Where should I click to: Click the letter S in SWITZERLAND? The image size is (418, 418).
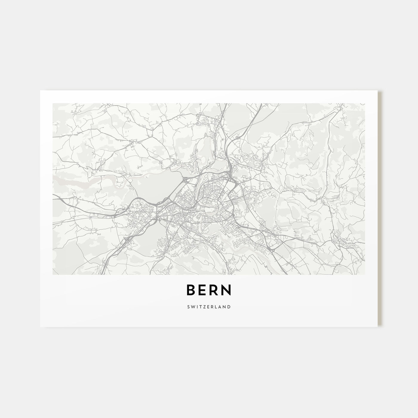click(189, 307)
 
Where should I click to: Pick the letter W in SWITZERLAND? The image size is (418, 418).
click(193, 307)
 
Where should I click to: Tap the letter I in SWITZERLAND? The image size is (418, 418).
click(197, 307)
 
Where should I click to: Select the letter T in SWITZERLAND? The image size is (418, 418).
click(200, 307)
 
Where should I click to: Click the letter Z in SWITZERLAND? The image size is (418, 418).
click(204, 307)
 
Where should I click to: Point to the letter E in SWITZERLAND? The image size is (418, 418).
click(208, 307)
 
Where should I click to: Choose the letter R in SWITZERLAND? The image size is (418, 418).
click(212, 307)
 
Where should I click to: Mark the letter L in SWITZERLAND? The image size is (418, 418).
click(216, 307)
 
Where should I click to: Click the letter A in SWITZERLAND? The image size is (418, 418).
click(219, 307)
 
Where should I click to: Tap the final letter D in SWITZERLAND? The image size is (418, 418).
click(229, 307)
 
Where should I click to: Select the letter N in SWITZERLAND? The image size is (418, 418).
click(224, 307)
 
